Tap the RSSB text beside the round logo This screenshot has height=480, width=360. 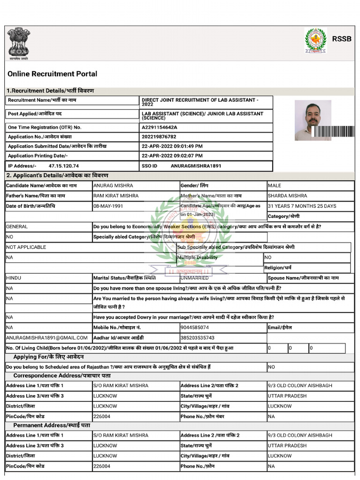[x=341, y=39]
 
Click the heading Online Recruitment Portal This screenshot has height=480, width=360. [x=52, y=74]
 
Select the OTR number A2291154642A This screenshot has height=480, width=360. [x=159, y=127]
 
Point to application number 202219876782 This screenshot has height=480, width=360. [x=159, y=137]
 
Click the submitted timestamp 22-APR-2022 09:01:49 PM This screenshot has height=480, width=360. [x=172, y=146]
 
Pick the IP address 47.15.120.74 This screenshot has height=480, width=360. [x=64, y=166]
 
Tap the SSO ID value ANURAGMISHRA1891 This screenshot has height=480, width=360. [x=196, y=166]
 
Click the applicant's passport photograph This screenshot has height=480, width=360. [x=313, y=120]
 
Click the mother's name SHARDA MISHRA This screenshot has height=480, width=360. [x=287, y=196]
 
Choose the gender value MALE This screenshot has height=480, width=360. [x=274, y=186]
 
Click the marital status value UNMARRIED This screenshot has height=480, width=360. [x=195, y=278]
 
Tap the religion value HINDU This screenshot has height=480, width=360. [x=14, y=278]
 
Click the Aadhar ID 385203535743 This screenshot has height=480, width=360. [x=197, y=338]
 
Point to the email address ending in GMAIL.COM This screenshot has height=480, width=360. [x=47, y=338]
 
